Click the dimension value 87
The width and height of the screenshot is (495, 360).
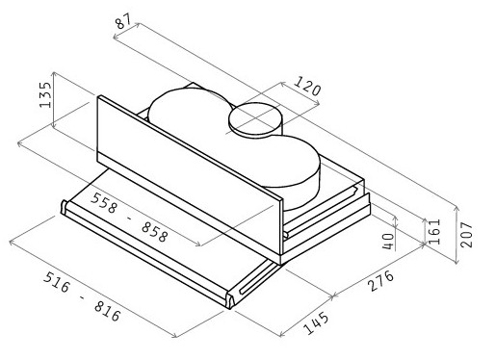point(123,21)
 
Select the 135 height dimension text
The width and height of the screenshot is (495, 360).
point(45,95)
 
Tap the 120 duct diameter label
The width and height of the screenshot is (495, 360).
point(307,86)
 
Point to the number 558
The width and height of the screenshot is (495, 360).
point(104,203)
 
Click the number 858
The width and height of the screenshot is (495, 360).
point(155,232)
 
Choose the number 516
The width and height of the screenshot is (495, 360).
point(57,282)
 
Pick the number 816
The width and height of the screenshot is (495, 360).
point(108,311)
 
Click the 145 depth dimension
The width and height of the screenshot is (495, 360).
point(317,322)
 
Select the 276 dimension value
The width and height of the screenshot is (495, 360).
point(381,280)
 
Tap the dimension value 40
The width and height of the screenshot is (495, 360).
point(388,242)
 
